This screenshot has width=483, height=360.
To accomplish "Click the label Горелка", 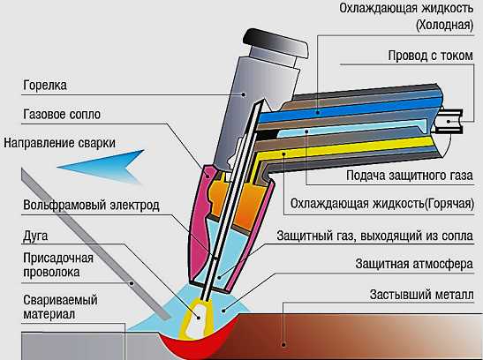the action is tap(45, 86).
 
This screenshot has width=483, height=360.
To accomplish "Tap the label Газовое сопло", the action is tap(62, 115).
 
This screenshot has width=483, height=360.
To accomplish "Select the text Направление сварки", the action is tap(60, 144).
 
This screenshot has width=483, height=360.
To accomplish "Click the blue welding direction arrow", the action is tap(102, 167).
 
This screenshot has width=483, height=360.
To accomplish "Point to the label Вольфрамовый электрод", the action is tap(91, 206).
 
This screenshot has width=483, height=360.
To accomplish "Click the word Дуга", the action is tap(35, 236).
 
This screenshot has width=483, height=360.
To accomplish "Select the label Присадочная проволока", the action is tap(58, 266).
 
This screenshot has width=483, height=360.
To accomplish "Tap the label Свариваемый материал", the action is tap(60, 307).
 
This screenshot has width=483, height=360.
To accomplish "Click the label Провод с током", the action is tap(430, 56).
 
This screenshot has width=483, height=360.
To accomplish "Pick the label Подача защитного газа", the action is tap(410, 176).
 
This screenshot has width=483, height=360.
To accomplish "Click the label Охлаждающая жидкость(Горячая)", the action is tap(382, 204).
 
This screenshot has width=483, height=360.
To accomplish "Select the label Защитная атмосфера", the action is tap(414, 264).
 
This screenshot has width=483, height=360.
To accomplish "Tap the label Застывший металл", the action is tap(422, 295).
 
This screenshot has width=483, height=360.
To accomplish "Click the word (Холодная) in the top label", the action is tap(444, 25).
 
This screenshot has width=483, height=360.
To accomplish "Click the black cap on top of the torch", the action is tap(275, 43).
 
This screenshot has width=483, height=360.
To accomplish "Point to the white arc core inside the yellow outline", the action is tap(197, 319).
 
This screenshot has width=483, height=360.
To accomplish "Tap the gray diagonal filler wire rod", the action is tap(95, 244).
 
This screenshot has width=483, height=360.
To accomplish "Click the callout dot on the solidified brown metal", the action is tap(284, 345).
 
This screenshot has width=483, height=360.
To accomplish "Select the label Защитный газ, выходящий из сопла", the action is tap(375, 236).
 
